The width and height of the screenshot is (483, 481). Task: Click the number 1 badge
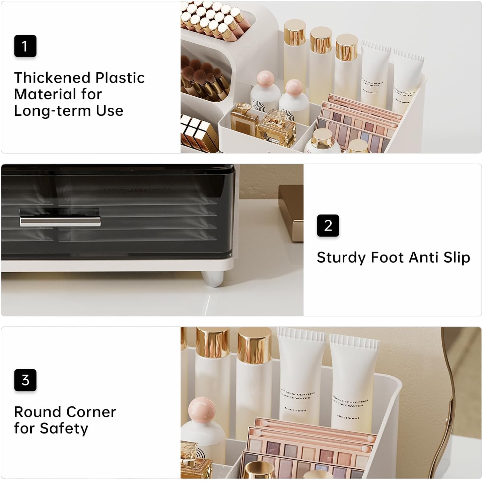click(25, 46)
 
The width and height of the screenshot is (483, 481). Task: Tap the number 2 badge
click(328, 225)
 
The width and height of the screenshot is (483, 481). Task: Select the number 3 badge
click(25, 380)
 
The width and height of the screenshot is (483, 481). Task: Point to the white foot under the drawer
click(213, 278)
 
